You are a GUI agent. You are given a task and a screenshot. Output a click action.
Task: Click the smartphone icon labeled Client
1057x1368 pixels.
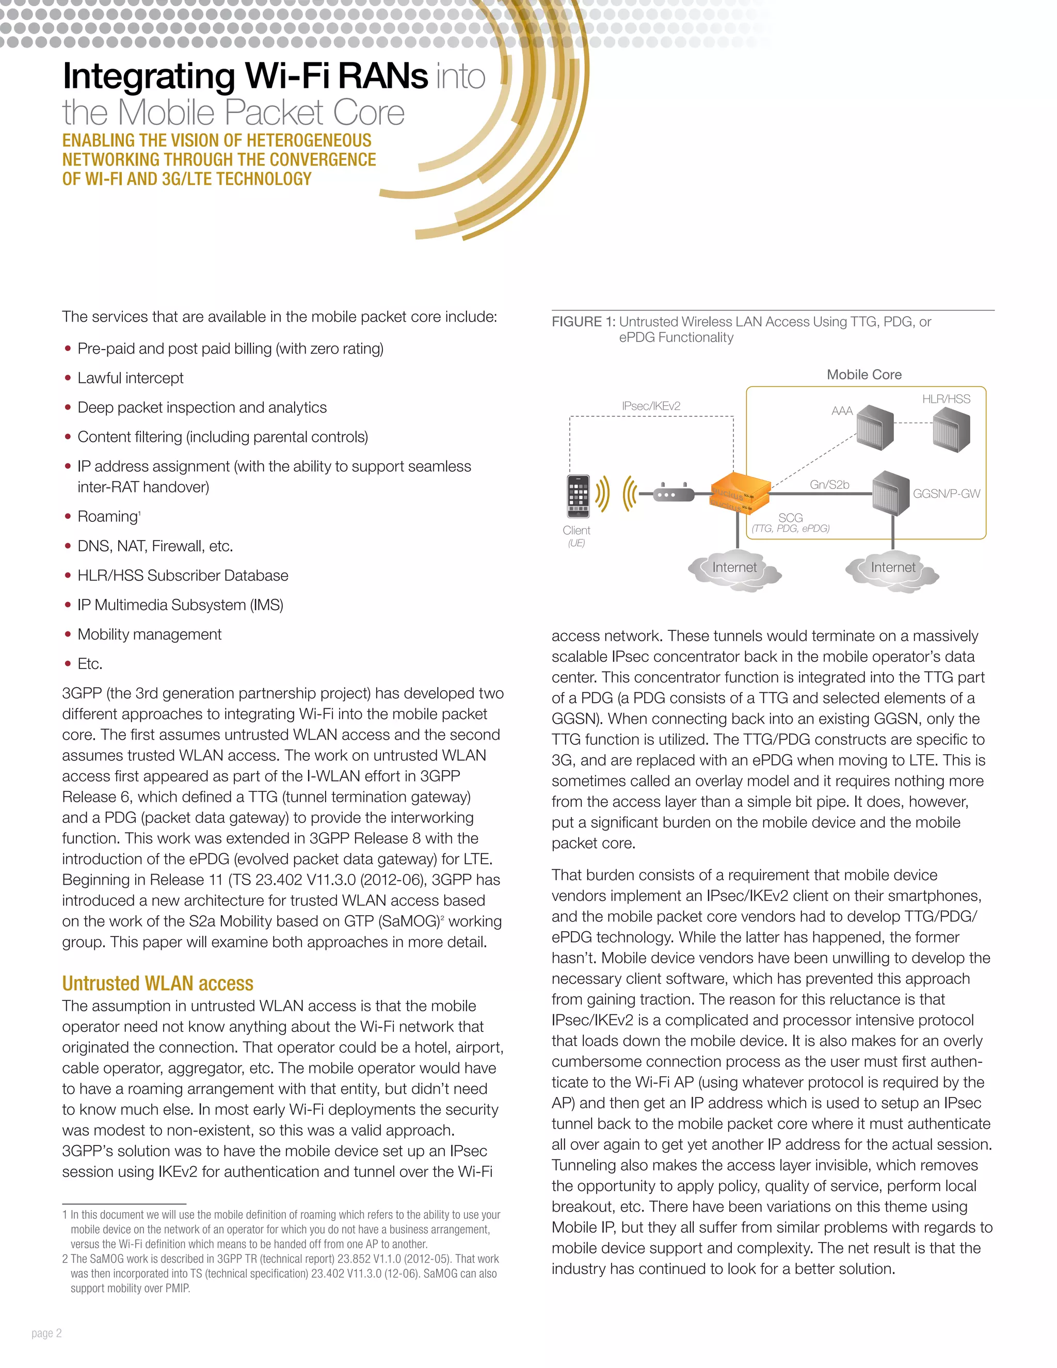[x=578, y=496]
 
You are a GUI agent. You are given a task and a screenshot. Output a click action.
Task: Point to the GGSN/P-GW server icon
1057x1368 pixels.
[x=890, y=493]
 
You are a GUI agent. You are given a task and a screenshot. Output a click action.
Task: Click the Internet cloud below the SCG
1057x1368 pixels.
[x=734, y=568]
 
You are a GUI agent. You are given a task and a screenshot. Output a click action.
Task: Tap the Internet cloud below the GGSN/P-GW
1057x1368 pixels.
[x=892, y=568]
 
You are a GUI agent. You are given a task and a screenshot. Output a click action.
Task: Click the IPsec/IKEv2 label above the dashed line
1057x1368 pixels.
[x=651, y=406]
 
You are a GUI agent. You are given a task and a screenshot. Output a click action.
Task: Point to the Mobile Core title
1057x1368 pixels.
[x=863, y=375]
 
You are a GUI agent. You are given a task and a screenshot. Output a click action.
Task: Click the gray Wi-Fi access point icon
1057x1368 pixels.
[x=672, y=494]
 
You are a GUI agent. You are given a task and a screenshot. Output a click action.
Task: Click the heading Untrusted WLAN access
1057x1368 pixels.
[x=158, y=983]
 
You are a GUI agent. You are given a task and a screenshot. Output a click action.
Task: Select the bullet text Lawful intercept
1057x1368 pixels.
[x=130, y=378]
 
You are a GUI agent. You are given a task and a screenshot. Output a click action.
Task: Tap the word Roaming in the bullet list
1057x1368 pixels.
[x=107, y=517]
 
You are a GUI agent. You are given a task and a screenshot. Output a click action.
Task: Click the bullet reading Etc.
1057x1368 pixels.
[x=89, y=664]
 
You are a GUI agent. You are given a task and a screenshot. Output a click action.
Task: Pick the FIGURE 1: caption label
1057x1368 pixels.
[x=583, y=322]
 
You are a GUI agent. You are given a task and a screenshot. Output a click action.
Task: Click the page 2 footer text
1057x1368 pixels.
[x=47, y=1333]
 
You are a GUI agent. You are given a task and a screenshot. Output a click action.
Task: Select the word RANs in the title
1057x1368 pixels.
[x=383, y=76]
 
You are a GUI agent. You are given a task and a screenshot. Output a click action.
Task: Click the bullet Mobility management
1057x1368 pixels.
[x=149, y=634]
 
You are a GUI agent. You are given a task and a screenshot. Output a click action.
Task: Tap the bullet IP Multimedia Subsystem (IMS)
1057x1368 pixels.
[x=180, y=605]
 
